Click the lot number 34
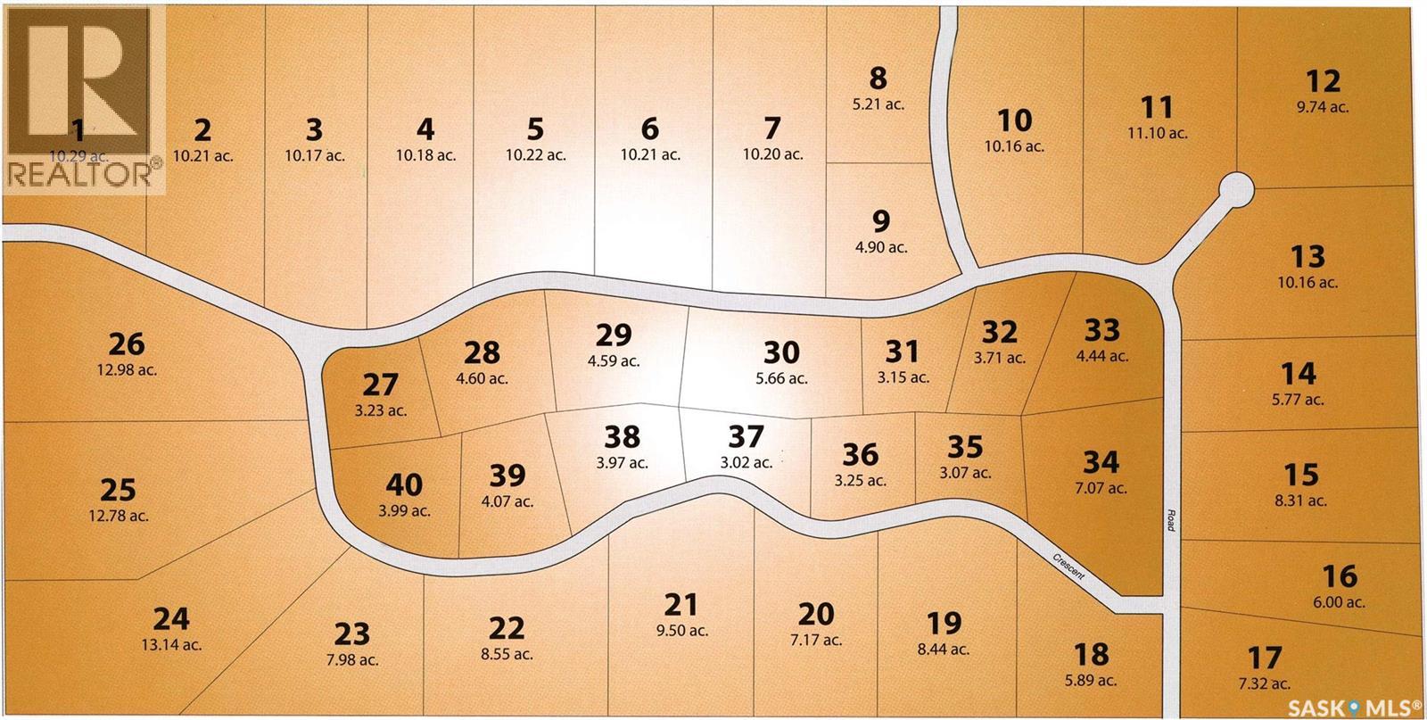(x=1100, y=462)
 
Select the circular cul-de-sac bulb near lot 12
(x=1236, y=190)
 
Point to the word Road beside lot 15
(x=1170, y=521)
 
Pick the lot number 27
(x=381, y=385)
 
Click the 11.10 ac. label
(x=1157, y=133)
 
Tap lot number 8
(x=878, y=79)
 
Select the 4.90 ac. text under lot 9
(x=880, y=247)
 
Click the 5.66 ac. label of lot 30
(x=780, y=378)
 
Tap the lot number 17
(x=1265, y=658)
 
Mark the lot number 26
(x=126, y=343)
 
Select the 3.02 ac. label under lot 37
(x=746, y=462)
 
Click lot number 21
(x=681, y=605)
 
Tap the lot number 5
(x=535, y=128)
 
